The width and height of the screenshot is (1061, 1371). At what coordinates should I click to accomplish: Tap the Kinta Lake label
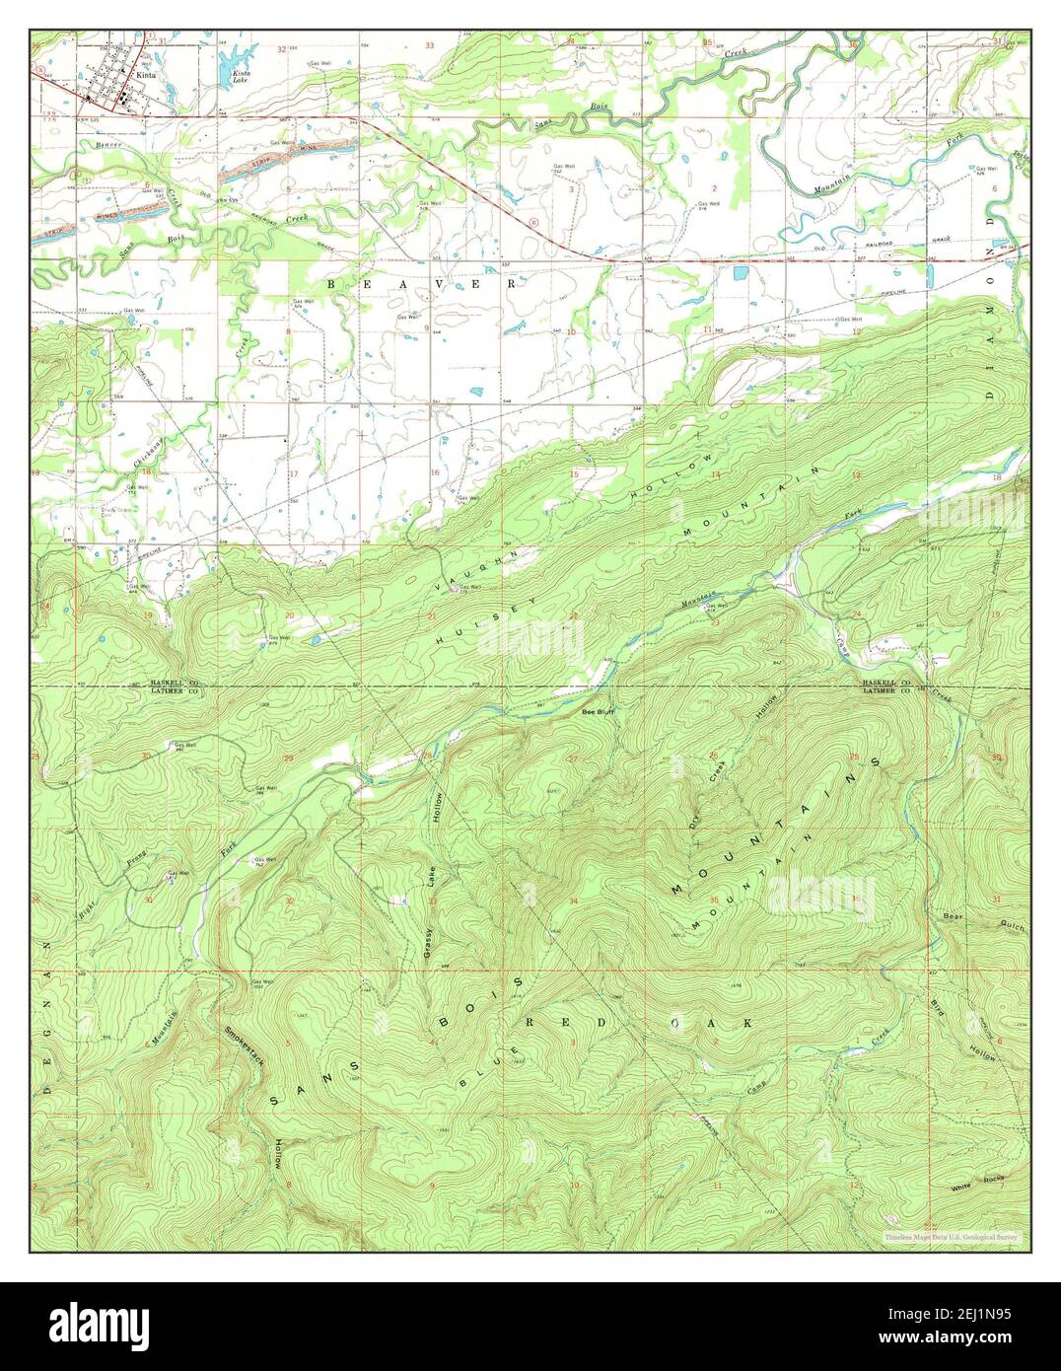tap(240, 75)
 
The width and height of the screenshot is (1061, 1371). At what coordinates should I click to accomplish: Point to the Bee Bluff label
tap(598, 710)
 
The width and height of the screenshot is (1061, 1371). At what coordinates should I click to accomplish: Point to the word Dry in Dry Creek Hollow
tap(694, 818)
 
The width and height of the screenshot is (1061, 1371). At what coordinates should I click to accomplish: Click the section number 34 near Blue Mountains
tap(573, 902)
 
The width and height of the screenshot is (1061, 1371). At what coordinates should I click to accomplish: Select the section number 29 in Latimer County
tap(288, 758)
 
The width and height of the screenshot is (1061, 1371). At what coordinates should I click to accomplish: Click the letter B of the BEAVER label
tap(332, 284)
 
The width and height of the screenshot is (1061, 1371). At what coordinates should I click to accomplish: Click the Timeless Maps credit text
tap(952, 1236)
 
